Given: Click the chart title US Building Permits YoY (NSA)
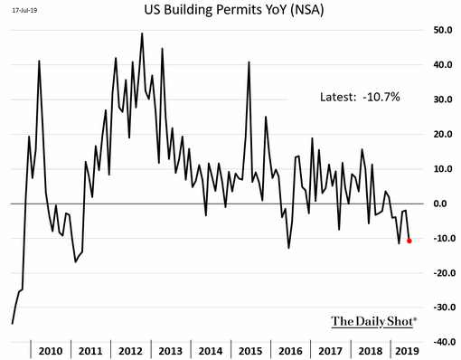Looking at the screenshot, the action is (234, 10).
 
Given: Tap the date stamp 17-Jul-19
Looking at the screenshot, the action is (24, 10).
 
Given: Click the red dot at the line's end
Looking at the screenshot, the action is (409, 241).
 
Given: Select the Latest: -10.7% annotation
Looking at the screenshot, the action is (360, 97).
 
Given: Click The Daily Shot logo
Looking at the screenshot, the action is (374, 321).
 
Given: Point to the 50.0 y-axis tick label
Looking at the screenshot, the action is (443, 30).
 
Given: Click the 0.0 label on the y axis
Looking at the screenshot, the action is (440, 204).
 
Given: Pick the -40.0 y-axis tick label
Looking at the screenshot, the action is (443, 342).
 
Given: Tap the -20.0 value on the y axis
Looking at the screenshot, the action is (443, 273).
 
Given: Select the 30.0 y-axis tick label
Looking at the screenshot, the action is (443, 99).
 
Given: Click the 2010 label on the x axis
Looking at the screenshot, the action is (51, 351).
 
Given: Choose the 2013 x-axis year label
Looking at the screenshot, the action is (171, 351).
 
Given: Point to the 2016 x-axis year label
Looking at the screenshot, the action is (290, 351).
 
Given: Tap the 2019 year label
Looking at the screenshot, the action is (407, 351).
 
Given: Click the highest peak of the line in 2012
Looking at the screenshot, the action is (142, 33).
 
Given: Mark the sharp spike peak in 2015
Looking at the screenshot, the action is (249, 62).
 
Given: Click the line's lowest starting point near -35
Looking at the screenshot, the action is (13, 324).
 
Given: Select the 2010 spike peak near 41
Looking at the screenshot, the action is (39, 61).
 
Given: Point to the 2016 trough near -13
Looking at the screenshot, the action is (288, 248).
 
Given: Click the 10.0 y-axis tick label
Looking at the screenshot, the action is (443, 169).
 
